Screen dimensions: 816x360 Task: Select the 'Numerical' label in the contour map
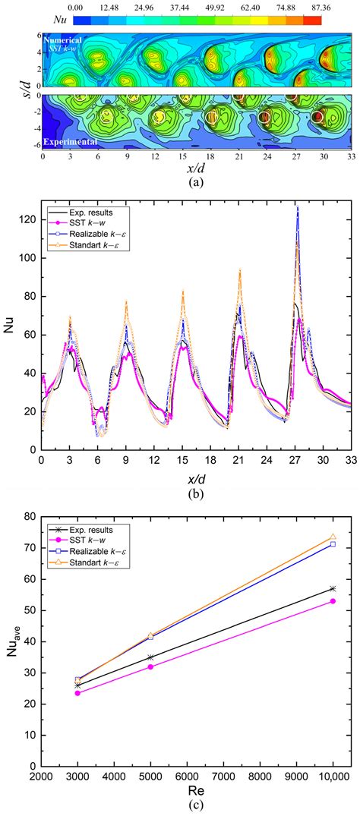click(x=65, y=39)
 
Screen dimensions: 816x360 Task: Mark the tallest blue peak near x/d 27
click(x=297, y=206)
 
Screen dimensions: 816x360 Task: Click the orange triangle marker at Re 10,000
click(x=333, y=537)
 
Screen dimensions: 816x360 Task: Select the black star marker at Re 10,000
click(x=333, y=588)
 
